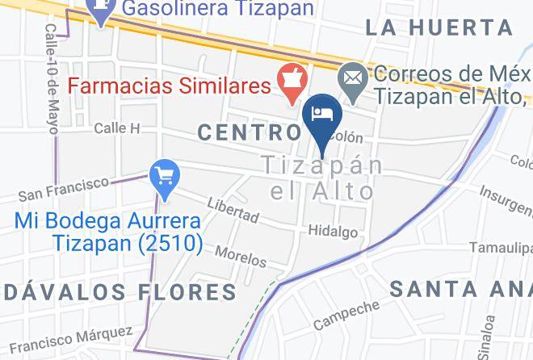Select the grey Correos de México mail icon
[353, 78]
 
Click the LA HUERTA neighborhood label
[439, 27]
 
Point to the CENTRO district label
[249, 132]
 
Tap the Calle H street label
[117, 128]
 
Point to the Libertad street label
[233, 211]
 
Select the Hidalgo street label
[333, 232]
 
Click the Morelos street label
[241, 256]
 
